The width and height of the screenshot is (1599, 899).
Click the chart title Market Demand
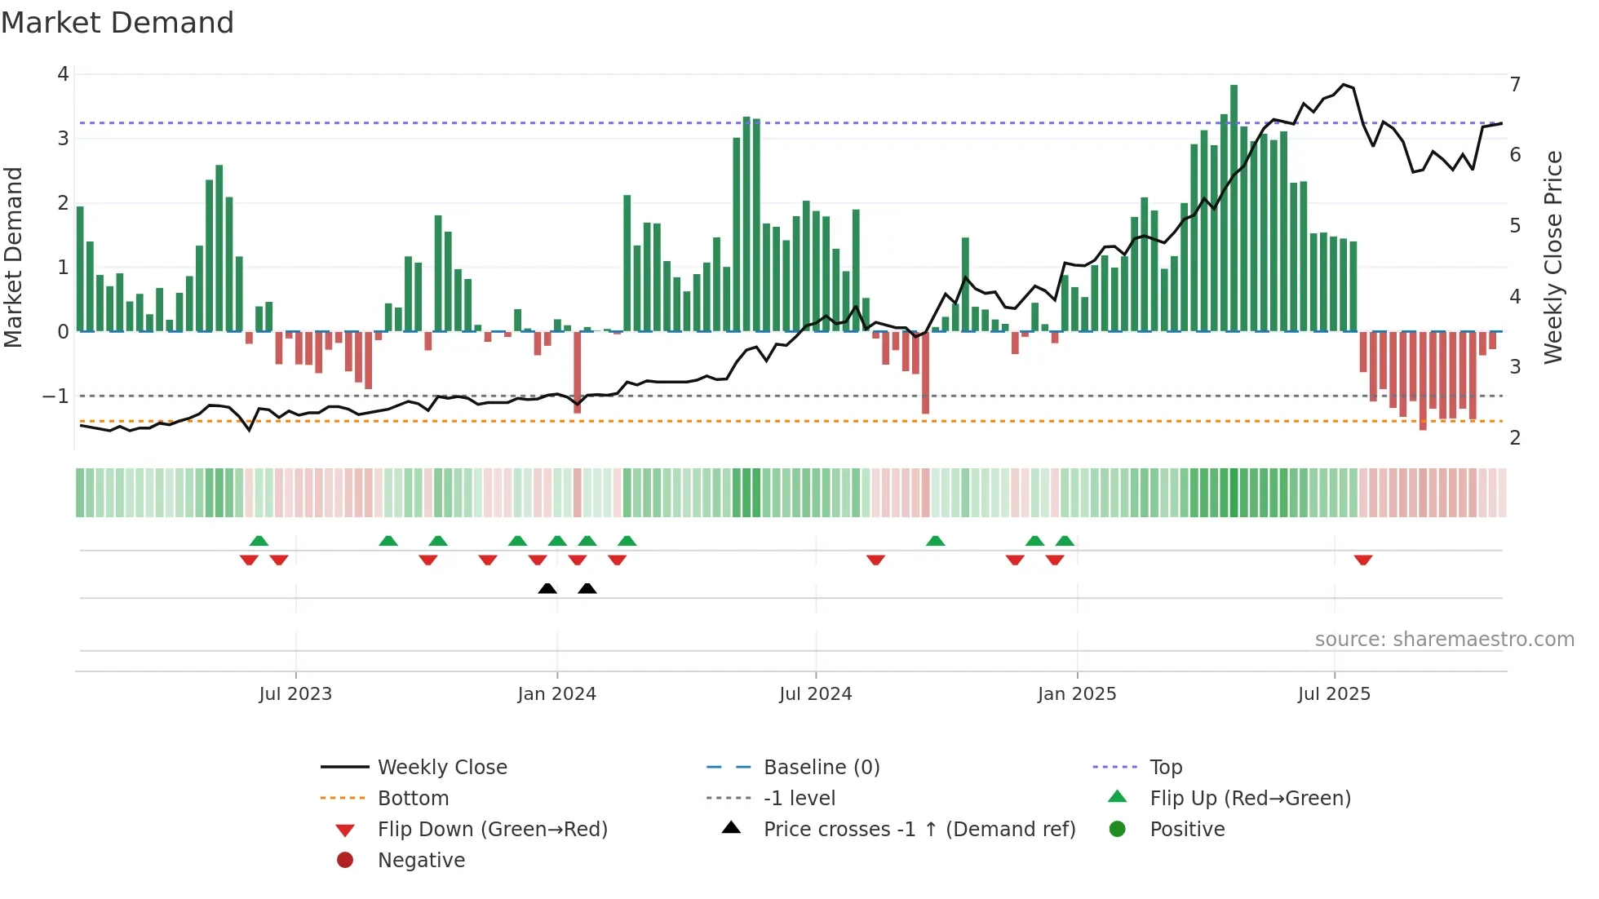(x=117, y=23)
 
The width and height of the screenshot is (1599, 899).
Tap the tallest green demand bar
(x=1234, y=208)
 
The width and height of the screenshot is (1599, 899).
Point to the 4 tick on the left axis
(x=63, y=74)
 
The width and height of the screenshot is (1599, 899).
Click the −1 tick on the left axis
(x=55, y=396)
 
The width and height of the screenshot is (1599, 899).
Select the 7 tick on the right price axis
(x=1515, y=85)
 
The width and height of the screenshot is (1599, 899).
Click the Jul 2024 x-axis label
(x=815, y=694)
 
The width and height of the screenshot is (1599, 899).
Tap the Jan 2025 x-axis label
(x=1076, y=694)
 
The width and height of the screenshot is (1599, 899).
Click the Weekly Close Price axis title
(x=1553, y=257)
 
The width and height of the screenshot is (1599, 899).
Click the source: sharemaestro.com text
(x=1444, y=640)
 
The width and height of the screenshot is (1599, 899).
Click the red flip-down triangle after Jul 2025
(x=1362, y=560)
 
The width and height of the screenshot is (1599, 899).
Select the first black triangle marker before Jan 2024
(x=547, y=589)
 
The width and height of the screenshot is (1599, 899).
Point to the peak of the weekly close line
(x=1344, y=84)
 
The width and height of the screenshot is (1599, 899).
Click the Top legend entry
(x=1165, y=768)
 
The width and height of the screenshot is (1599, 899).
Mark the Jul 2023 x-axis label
(x=295, y=694)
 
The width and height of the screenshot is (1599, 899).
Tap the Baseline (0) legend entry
(x=821, y=768)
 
